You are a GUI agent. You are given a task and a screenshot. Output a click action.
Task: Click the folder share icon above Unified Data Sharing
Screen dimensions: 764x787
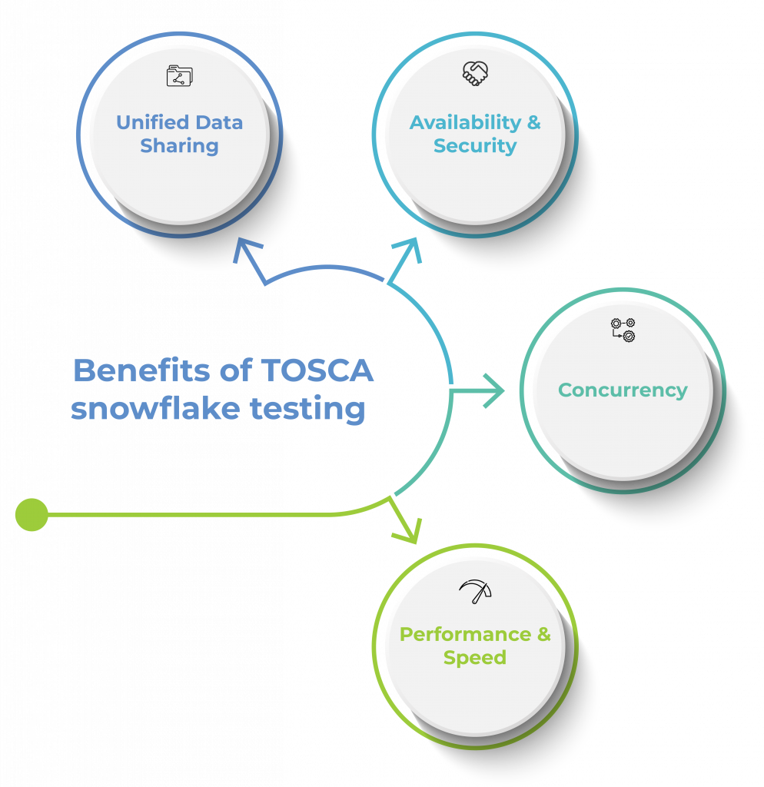click(x=179, y=76)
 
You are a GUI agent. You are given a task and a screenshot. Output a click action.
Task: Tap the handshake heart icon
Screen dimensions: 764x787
click(x=475, y=73)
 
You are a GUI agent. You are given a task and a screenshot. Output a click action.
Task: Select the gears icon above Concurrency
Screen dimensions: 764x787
click(x=623, y=330)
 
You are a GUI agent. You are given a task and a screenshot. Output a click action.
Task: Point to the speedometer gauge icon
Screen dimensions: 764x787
click(x=475, y=592)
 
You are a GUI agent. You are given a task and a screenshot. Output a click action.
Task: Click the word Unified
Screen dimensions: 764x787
click(x=153, y=122)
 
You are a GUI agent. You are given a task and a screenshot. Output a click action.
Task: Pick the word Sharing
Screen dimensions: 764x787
click(x=179, y=146)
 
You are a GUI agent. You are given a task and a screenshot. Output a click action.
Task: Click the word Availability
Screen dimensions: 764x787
click(x=466, y=122)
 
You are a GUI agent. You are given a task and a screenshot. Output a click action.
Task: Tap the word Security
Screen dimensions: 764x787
click(x=475, y=146)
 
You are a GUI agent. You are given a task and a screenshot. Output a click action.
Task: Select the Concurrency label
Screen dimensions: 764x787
click(x=623, y=390)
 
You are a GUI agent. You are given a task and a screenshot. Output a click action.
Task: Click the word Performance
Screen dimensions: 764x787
click(x=465, y=634)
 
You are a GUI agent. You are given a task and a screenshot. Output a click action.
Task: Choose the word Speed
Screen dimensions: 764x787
click(x=475, y=658)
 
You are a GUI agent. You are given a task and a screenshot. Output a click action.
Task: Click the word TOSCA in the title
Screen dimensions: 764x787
click(x=317, y=370)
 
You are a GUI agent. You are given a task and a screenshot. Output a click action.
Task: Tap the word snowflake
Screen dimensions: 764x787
click(x=155, y=408)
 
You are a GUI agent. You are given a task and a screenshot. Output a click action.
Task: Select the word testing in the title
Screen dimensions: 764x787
click(x=307, y=410)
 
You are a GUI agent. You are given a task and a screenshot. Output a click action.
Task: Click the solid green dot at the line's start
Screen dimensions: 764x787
click(x=32, y=514)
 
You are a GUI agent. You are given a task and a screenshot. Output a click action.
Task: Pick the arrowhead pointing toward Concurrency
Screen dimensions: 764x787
click(x=493, y=390)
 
